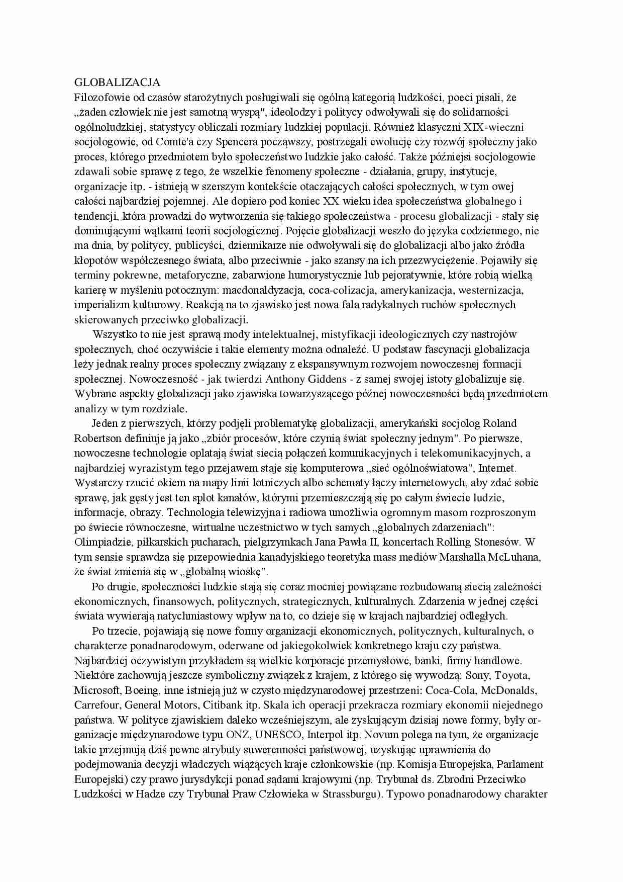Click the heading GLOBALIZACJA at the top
coord(117,82)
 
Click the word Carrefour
coord(97,705)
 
